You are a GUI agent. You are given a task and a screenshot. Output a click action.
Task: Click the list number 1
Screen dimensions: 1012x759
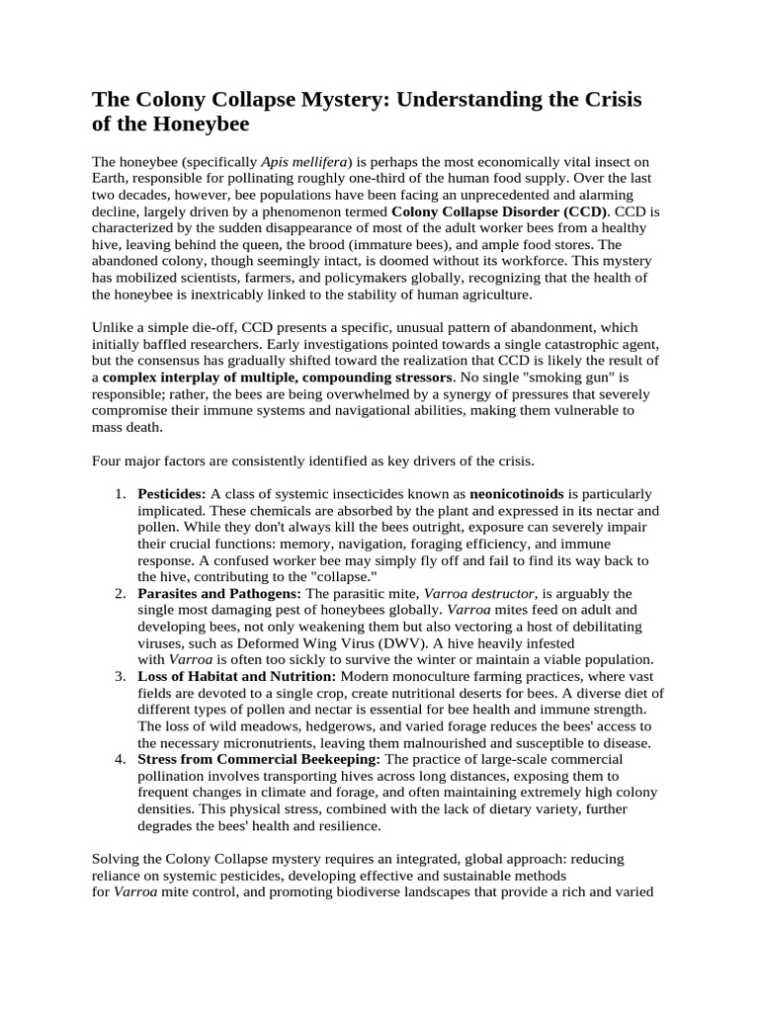pyautogui.click(x=119, y=492)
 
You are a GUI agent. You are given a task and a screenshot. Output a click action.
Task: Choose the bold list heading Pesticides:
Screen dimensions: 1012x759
pyautogui.click(x=172, y=492)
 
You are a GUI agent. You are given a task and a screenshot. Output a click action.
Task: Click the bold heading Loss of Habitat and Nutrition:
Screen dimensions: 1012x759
pyautogui.click(x=237, y=676)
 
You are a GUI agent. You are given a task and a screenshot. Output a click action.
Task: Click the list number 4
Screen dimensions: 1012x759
pyautogui.click(x=119, y=759)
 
